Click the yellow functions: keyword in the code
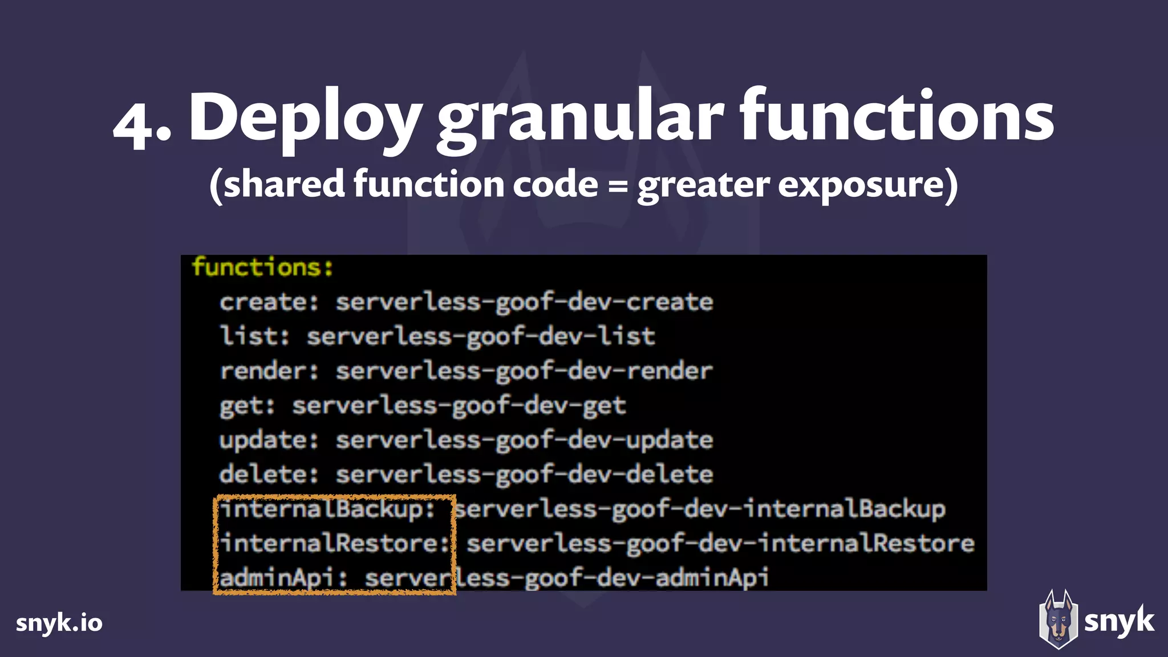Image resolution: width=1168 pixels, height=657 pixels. pyautogui.click(x=262, y=267)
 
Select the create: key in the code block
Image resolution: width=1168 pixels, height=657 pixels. pyautogui.click(x=269, y=302)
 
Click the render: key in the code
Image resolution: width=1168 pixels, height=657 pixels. pyautogui.click(x=269, y=371)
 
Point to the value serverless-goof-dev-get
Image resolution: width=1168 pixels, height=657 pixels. pyautogui.click(x=459, y=406)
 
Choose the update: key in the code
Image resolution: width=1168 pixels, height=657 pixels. pyautogui.click(x=269, y=440)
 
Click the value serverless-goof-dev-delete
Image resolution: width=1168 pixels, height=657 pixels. pyautogui.click(x=524, y=474)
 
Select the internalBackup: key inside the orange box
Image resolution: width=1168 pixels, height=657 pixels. pyautogui.click(x=328, y=509)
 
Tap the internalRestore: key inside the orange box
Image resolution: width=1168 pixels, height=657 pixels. pyautogui.click(x=335, y=544)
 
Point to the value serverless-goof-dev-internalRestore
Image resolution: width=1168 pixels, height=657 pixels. pyautogui.click(x=720, y=544)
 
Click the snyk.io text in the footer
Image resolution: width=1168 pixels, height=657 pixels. pyautogui.click(x=59, y=623)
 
